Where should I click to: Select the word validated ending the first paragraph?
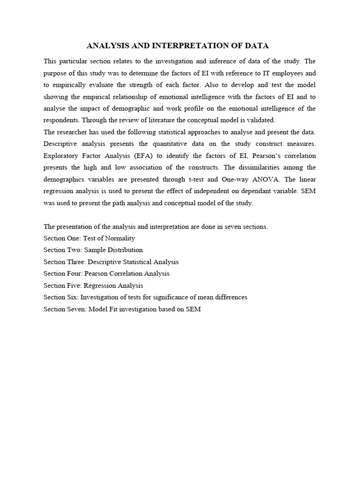coord(261,120)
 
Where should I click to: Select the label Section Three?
coord(62,262)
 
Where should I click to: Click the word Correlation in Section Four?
coord(128,273)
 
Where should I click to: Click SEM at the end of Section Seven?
coord(194,309)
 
